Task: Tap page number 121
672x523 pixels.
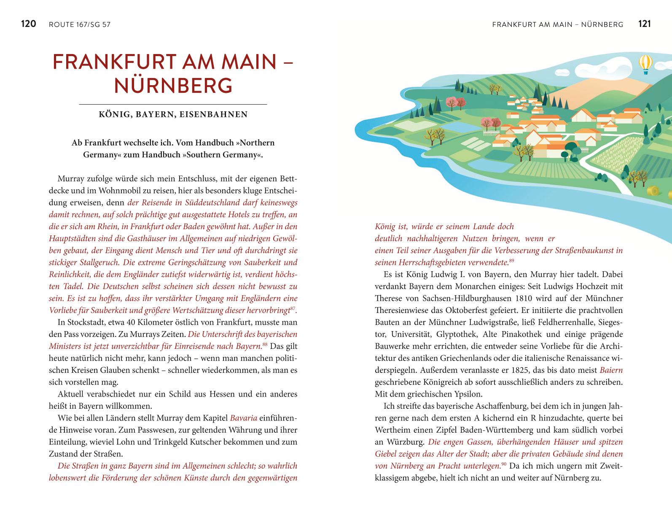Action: [x=645, y=24]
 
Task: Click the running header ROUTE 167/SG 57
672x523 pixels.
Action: [x=80, y=24]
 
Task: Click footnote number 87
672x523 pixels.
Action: [x=293, y=309]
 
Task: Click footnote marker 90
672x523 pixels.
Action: [x=504, y=464]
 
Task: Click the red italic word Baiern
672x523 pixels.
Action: [x=611, y=370]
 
